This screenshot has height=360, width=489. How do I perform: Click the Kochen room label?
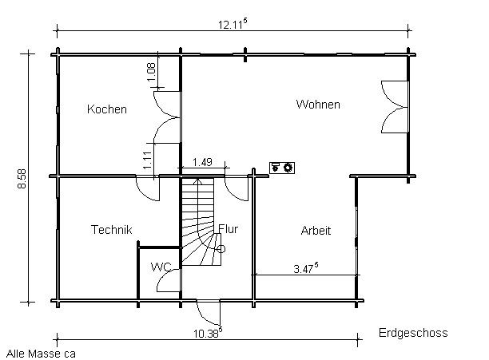(x=107, y=109)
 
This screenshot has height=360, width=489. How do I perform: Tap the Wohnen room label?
(x=318, y=105)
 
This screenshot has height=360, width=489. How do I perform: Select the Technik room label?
(x=111, y=230)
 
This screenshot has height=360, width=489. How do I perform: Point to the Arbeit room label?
(x=316, y=231)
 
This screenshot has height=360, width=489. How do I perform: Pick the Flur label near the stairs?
(x=228, y=229)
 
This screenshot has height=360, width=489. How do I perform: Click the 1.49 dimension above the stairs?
(x=202, y=163)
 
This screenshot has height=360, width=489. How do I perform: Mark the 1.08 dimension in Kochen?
(x=151, y=70)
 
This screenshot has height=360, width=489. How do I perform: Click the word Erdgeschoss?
(x=412, y=334)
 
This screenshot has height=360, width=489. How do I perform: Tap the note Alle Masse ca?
(x=41, y=352)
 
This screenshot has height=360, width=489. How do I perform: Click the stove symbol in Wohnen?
(x=282, y=167)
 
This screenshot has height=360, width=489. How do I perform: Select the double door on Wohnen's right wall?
(x=394, y=107)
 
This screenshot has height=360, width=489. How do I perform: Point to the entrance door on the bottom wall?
(x=208, y=311)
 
